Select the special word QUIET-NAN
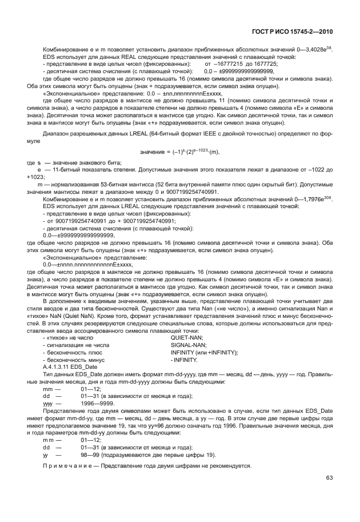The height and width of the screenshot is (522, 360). (x=186, y=337)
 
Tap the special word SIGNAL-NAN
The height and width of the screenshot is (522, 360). (x=188, y=345)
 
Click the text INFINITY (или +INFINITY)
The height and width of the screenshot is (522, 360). (x=204, y=352)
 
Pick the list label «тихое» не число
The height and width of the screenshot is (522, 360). (x=67, y=337)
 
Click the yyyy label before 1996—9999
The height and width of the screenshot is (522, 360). (x=48, y=403)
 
